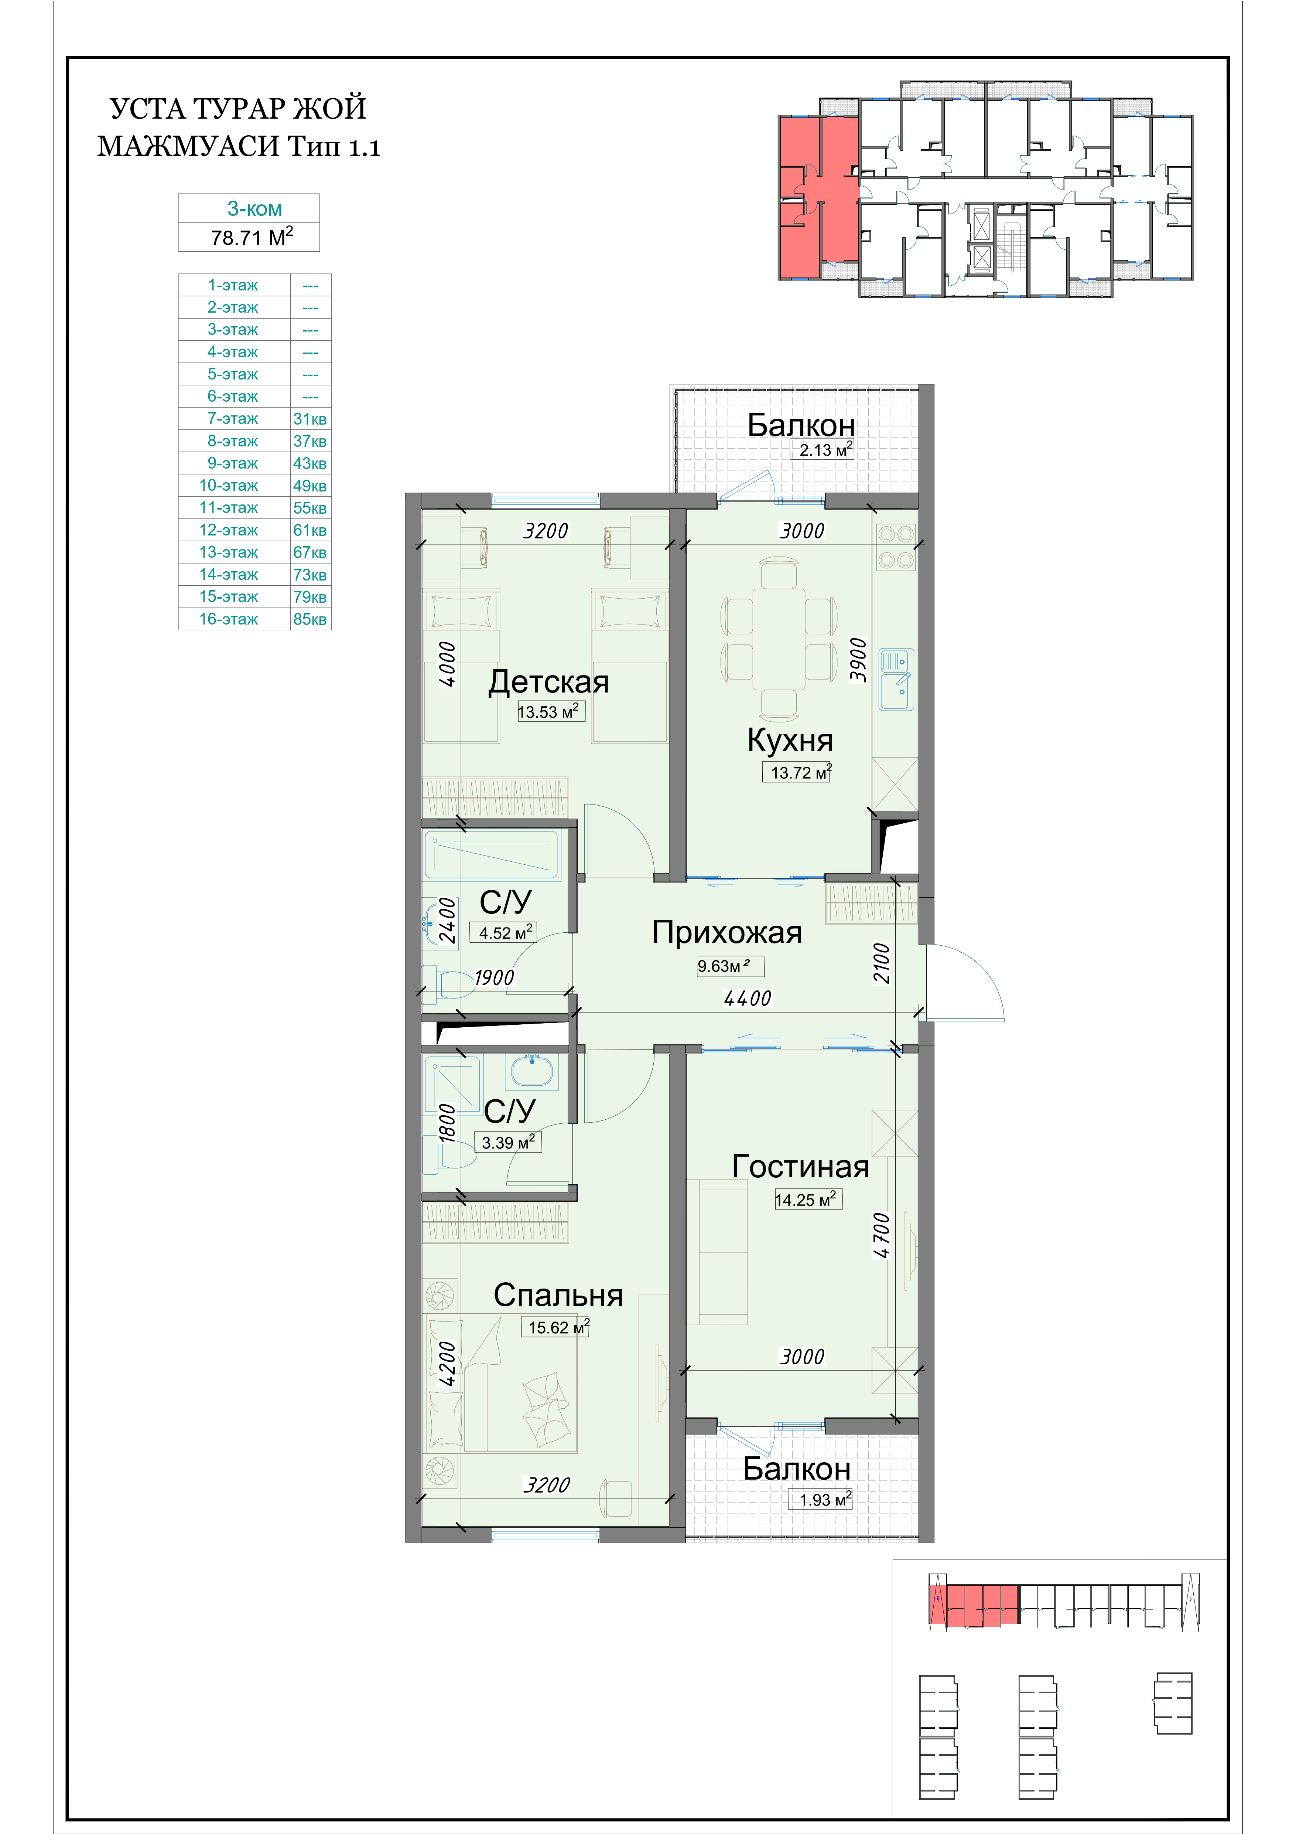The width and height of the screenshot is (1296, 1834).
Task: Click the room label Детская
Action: (x=548, y=681)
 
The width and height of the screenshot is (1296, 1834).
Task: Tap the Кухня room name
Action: (x=790, y=741)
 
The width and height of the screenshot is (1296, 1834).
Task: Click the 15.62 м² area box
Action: (x=558, y=1327)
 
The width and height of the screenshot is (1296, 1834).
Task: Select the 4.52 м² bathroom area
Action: (x=506, y=932)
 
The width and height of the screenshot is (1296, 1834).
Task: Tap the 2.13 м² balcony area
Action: (x=826, y=450)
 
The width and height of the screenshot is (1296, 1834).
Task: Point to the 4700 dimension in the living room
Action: (x=882, y=1235)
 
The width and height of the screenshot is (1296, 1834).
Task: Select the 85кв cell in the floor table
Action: (x=310, y=619)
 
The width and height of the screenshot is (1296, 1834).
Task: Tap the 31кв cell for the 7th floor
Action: (x=310, y=419)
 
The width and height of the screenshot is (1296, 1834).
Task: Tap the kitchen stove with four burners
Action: (x=895, y=547)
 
